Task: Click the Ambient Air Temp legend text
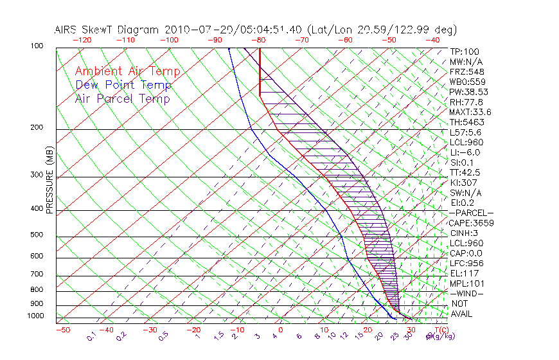pos(127,71)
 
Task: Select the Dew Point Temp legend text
pos(123,85)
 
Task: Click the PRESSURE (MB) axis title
pos(49,180)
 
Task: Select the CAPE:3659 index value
pos(471,223)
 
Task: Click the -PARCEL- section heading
pos(471,213)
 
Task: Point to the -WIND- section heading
pos(466,293)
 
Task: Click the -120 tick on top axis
pos(82,39)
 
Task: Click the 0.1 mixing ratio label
pos(91,336)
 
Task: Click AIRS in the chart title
pos(67,30)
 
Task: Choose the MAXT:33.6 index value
pos(470,113)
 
